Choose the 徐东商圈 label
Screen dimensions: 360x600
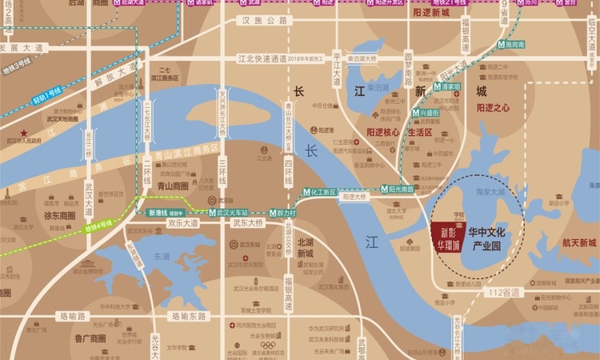click(60, 215)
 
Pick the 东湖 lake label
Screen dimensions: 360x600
click(162, 258)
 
